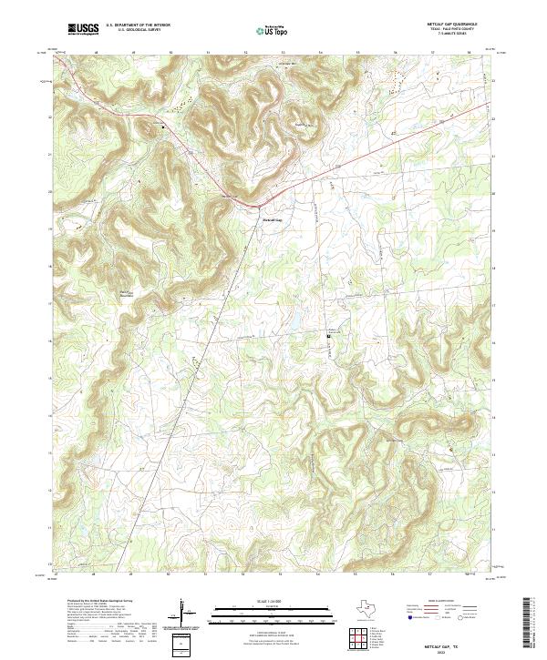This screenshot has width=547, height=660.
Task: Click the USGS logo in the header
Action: pyautogui.click(x=83, y=29)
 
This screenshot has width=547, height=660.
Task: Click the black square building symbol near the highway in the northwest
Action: pyautogui.click(x=164, y=127)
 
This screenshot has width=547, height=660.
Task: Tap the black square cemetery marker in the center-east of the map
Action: pyautogui.click(x=328, y=337)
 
